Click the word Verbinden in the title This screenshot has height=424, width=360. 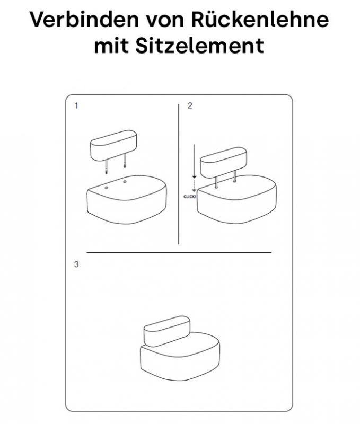pos(84,19)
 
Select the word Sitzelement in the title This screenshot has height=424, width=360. pos(199,45)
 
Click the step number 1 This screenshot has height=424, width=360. pos(76,105)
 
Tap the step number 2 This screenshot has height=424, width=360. pos(190,105)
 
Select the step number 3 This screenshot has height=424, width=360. pos(76,264)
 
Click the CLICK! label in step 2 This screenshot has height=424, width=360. pos(190,197)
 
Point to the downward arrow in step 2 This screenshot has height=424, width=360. pos(194,168)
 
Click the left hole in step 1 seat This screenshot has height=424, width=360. pos(106,188)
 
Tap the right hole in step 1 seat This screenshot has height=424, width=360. pos(125,182)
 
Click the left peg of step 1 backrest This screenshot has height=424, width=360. pos(107,166)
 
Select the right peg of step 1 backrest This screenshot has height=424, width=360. pos(125,161)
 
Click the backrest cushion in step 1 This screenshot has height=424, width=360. pos(113,145)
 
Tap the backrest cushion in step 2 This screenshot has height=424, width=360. pos(224,163)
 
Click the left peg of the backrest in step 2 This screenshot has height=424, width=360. pos(217,182)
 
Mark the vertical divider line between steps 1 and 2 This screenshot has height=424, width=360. pos(179,174)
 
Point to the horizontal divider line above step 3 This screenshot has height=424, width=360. pos(179,253)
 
